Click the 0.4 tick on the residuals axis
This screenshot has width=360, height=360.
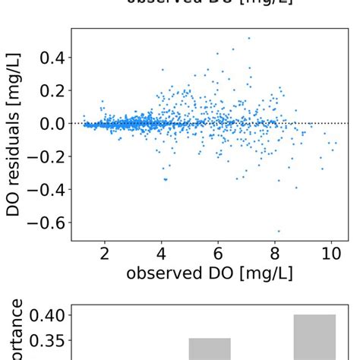coord(50,58)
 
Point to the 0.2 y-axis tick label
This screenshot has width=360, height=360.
coord(50,90)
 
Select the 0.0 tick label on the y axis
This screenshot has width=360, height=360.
coord(50,123)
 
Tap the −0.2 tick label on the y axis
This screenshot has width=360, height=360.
coord(46,156)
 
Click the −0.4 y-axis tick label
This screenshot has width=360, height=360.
coord(46,189)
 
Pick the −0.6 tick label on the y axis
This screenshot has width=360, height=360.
coord(46,223)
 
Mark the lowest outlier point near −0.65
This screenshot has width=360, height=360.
coord(279,231)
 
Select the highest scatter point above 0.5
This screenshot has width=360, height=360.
coord(248,38)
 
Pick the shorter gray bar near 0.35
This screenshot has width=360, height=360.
coord(210,349)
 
